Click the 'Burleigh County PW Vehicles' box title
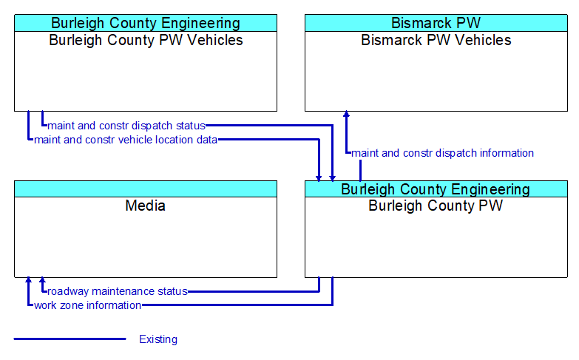click(146, 40)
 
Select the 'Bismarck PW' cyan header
click(436, 23)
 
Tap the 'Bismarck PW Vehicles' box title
click(436, 40)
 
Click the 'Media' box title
click(146, 206)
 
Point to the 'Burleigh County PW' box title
click(436, 206)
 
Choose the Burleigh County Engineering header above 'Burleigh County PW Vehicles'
click(146, 23)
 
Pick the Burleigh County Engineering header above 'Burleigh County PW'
click(436, 189)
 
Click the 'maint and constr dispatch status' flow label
click(126, 126)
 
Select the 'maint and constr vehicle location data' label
click(126, 140)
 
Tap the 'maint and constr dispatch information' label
click(442, 153)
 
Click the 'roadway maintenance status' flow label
click(118, 291)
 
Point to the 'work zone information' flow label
click(87, 305)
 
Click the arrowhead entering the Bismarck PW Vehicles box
click(346, 115)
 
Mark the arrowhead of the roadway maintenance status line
click(42, 282)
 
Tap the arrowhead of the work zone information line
click(28, 282)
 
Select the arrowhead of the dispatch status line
click(333, 177)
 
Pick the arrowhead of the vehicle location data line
click(319, 177)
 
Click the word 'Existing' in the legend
click(158, 339)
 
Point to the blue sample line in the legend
click(70, 339)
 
